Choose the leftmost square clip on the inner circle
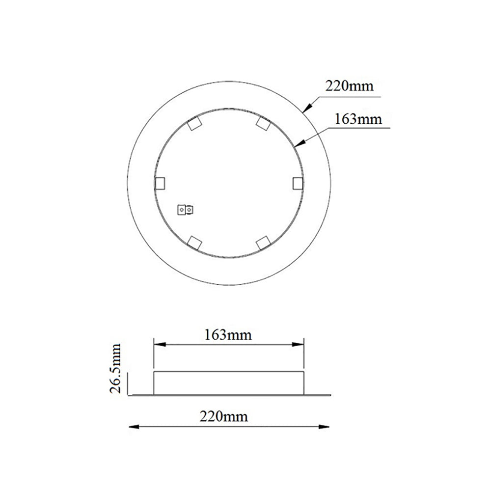click(160, 183)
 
